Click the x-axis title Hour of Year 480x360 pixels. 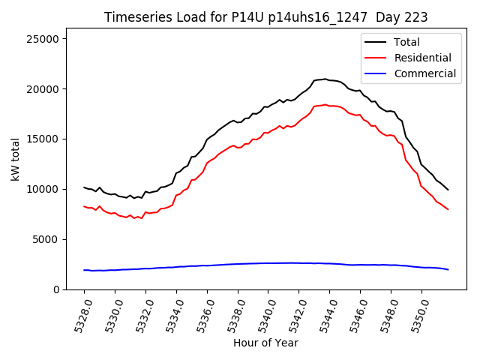(x=265, y=343)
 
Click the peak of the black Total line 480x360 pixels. (x=325, y=79)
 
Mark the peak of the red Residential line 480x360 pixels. (x=325, y=104)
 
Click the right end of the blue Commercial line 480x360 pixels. (x=448, y=269)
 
